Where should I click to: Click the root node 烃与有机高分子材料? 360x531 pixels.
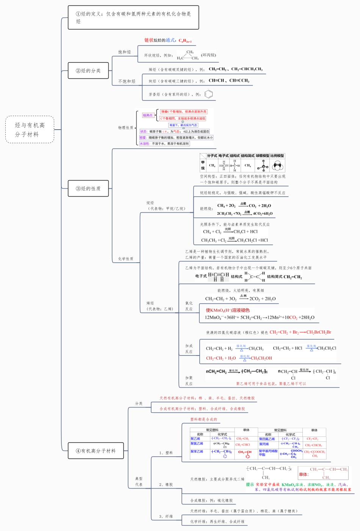point(30,130)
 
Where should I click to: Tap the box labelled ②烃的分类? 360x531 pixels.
point(88,70)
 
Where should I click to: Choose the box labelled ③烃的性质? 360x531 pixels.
point(88,188)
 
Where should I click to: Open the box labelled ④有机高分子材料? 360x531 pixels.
point(95,451)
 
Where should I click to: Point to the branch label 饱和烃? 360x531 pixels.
point(124,52)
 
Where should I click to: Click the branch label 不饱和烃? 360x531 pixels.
point(127,81)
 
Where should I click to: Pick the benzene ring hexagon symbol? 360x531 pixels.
point(208,94)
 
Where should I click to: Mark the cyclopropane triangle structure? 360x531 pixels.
point(188,55)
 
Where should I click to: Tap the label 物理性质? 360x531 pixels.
point(125,128)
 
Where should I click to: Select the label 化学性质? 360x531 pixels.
point(125,259)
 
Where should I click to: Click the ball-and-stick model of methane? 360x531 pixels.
point(262,166)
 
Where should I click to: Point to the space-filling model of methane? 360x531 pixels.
point(278,166)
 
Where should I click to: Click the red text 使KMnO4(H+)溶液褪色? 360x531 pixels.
point(228,310)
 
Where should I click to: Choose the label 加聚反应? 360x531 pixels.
point(189,381)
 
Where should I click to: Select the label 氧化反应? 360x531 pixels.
point(189,306)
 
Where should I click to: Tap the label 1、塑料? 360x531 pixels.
point(166,453)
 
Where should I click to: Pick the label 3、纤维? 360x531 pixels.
point(166,516)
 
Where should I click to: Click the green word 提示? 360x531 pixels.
point(250,484)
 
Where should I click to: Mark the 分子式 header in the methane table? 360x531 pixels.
point(212,156)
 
